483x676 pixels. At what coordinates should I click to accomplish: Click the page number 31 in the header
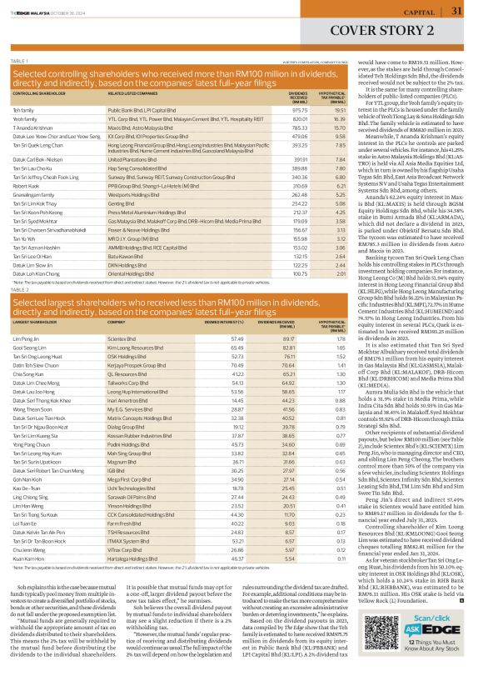coord(456,11)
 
